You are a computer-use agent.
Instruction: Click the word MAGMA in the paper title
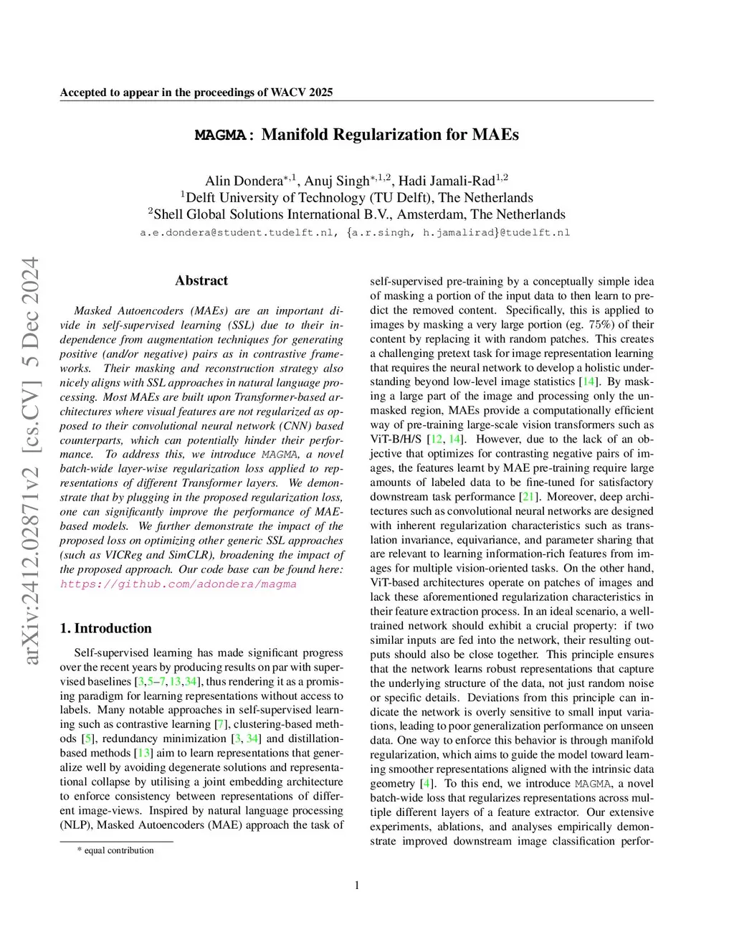(x=221, y=135)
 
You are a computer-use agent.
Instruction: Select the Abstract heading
(x=201, y=280)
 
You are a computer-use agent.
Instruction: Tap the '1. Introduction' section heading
(x=106, y=628)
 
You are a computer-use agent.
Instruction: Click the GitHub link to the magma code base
(x=178, y=584)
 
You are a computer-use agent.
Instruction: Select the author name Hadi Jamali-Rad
(x=447, y=181)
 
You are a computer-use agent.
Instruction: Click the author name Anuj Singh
(x=336, y=181)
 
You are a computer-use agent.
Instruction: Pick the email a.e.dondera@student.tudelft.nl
(x=237, y=232)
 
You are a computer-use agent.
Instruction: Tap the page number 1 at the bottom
(x=357, y=885)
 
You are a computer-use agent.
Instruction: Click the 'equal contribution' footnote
(x=118, y=850)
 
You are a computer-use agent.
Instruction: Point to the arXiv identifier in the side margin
(x=30, y=459)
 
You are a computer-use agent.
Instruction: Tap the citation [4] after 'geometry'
(x=427, y=783)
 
